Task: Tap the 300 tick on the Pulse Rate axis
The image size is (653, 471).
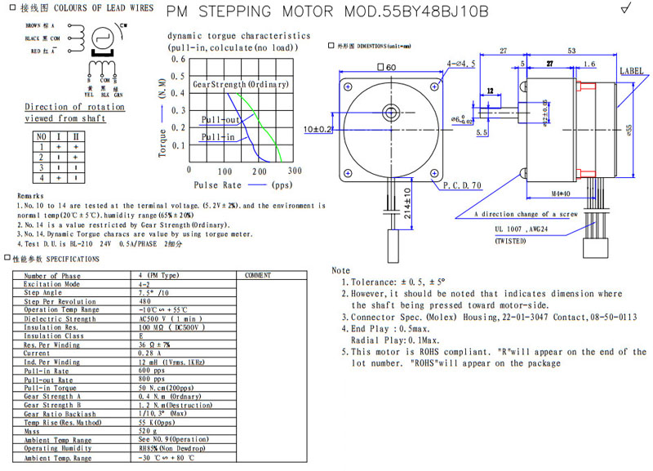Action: pyautogui.click(x=294, y=171)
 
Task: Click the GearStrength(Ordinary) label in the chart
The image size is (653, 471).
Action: pyautogui.click(x=239, y=85)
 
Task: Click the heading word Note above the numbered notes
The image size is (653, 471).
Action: pyautogui.click(x=340, y=270)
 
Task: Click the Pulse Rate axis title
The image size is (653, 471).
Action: pyautogui.click(x=218, y=184)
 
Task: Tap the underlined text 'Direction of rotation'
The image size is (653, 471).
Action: pyautogui.click(x=63, y=107)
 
